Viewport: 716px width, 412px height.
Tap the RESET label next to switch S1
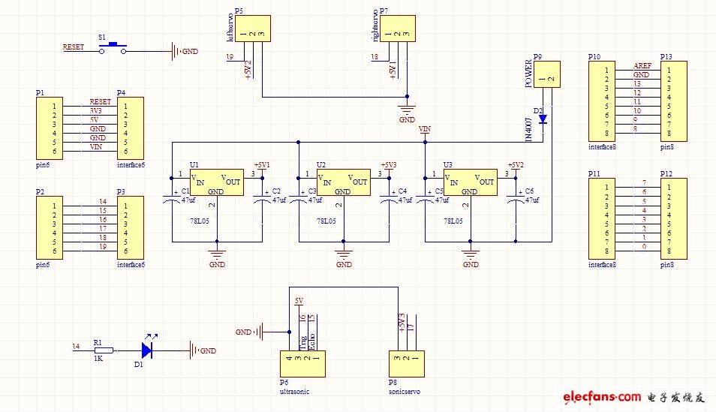[x=73, y=47]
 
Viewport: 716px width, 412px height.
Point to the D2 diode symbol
[x=543, y=119]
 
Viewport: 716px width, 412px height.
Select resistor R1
[x=103, y=350]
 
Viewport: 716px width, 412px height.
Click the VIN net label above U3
[x=426, y=130]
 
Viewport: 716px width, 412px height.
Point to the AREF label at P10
[x=642, y=66]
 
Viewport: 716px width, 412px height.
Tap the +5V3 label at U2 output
[x=389, y=164]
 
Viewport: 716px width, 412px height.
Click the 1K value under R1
[x=98, y=359]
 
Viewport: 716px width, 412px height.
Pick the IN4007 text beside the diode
[x=528, y=129]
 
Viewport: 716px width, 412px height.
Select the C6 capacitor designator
[x=530, y=191]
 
